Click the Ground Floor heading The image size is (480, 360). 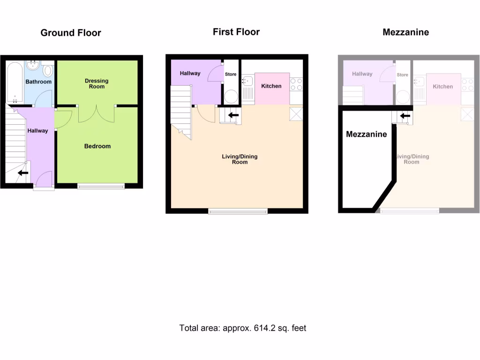[71, 33]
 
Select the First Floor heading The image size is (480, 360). [236, 32]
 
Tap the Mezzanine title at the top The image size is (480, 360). [405, 32]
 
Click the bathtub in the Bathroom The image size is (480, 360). [15, 82]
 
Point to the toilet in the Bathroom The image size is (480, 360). [48, 71]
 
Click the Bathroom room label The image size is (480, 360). [38, 82]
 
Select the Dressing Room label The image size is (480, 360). [97, 83]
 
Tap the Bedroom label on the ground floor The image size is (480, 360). [97, 146]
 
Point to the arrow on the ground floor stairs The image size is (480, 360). [22, 173]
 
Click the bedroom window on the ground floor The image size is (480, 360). [101, 186]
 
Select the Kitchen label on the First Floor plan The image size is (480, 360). [271, 86]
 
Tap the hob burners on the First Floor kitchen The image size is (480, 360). [296, 84]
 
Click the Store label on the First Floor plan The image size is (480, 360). [231, 75]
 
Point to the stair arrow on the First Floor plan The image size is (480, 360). [233, 115]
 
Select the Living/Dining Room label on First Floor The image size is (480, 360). [240, 159]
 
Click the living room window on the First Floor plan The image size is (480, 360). [238, 211]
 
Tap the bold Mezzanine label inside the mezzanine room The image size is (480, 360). [367, 135]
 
